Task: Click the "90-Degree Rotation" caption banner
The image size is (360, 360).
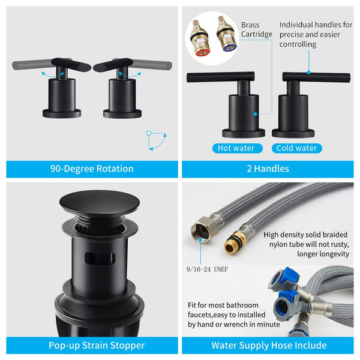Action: tap(92, 169)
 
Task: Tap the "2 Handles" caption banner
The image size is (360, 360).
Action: tap(268, 169)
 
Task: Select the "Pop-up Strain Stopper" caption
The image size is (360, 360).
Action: tap(92, 345)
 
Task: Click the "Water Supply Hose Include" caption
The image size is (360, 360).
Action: tap(268, 345)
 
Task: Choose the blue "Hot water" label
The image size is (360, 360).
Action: tap(235, 148)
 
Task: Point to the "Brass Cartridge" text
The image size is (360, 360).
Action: tap(257, 29)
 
